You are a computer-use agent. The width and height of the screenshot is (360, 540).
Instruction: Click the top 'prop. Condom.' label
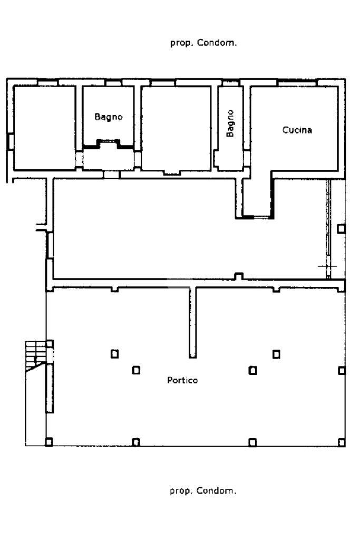203,43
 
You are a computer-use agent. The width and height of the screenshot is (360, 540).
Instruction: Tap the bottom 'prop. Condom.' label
203,490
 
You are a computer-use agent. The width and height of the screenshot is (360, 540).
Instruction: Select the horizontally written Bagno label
109,117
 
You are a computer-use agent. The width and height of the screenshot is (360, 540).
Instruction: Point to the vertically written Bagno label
230,123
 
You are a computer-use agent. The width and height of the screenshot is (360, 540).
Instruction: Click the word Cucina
297,130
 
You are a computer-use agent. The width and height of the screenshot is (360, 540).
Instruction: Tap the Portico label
182,380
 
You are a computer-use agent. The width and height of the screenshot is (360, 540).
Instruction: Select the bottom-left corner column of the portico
49,442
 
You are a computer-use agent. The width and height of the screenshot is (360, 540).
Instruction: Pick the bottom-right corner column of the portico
342,442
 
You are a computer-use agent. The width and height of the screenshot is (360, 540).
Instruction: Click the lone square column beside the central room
341,229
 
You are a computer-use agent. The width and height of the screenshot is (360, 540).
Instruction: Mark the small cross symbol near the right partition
327,266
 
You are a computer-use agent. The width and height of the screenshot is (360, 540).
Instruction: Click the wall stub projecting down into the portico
193,322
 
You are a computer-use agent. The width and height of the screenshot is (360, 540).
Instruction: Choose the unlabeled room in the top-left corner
44,128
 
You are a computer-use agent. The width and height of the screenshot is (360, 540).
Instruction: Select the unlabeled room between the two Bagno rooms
176,128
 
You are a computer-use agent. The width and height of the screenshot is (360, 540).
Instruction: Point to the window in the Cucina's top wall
297,83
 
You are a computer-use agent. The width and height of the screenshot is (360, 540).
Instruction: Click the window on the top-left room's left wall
11,142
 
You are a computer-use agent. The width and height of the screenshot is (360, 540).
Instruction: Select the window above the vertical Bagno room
230,83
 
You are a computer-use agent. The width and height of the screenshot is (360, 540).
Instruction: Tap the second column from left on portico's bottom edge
137,442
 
